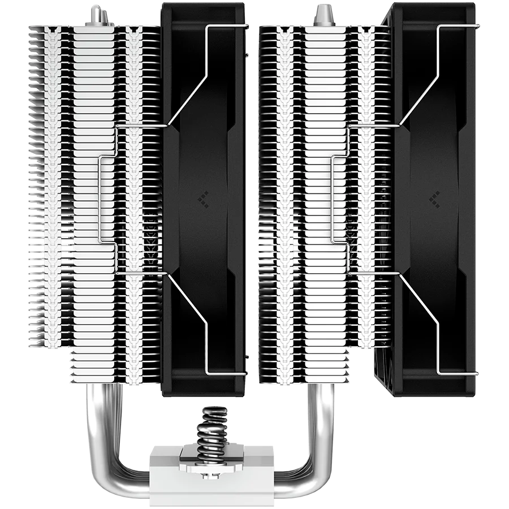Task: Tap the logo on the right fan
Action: pyautogui.click(x=435, y=198)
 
